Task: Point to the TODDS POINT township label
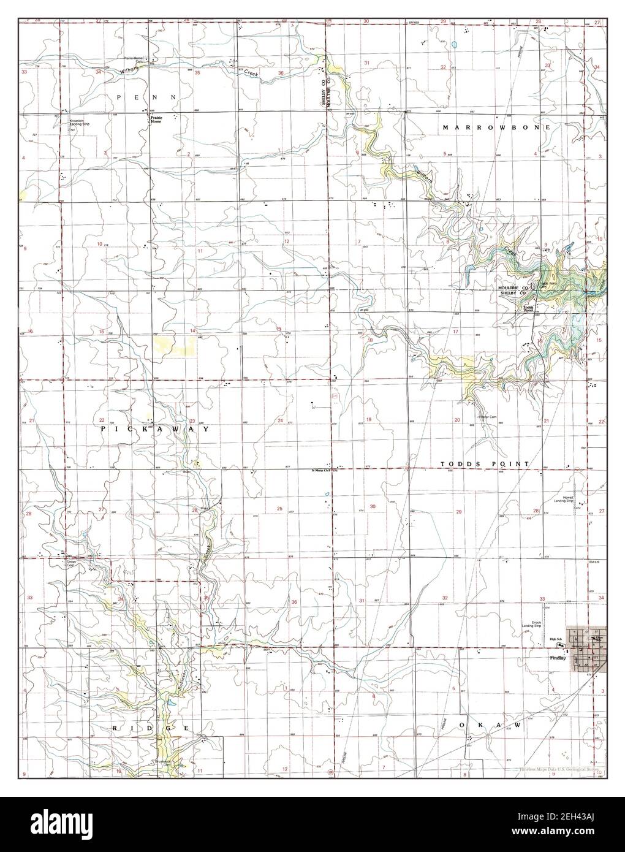(x=484, y=465)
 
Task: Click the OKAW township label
(x=493, y=725)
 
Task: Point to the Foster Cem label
(x=487, y=424)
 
